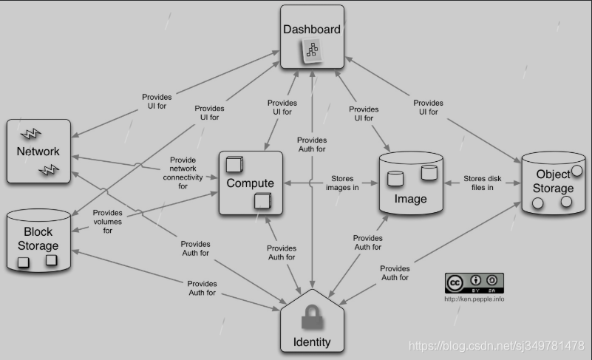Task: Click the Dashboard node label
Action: click(312, 30)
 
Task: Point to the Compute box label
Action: click(251, 183)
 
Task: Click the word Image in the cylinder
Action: click(410, 199)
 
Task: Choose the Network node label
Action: click(38, 152)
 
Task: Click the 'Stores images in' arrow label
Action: click(342, 183)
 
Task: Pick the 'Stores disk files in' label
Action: click(483, 183)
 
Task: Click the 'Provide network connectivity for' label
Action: click(182, 173)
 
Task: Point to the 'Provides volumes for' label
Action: click(108, 221)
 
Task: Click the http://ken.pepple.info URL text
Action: click(474, 299)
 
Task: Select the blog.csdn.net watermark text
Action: click(496, 345)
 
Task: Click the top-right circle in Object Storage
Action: click(577, 171)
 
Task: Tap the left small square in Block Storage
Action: click(24, 262)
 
